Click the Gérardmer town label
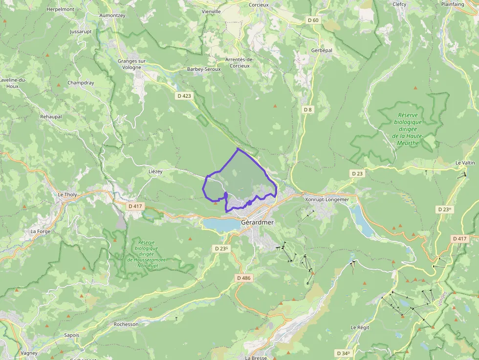coord(258,223)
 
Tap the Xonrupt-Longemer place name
coord(327,199)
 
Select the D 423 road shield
coord(184,96)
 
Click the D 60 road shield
coord(313,20)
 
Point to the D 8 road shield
coord(307,109)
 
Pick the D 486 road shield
coord(243,278)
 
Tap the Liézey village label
coord(155,172)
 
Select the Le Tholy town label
coord(67,194)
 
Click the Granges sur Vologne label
coord(131,64)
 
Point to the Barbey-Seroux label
coord(204,69)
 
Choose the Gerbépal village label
coord(322,51)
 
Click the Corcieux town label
coord(259,4)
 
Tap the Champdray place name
coord(81,83)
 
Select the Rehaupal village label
coord(51,117)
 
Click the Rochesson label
coord(126,324)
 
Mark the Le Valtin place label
coord(465,163)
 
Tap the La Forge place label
coord(40,231)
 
